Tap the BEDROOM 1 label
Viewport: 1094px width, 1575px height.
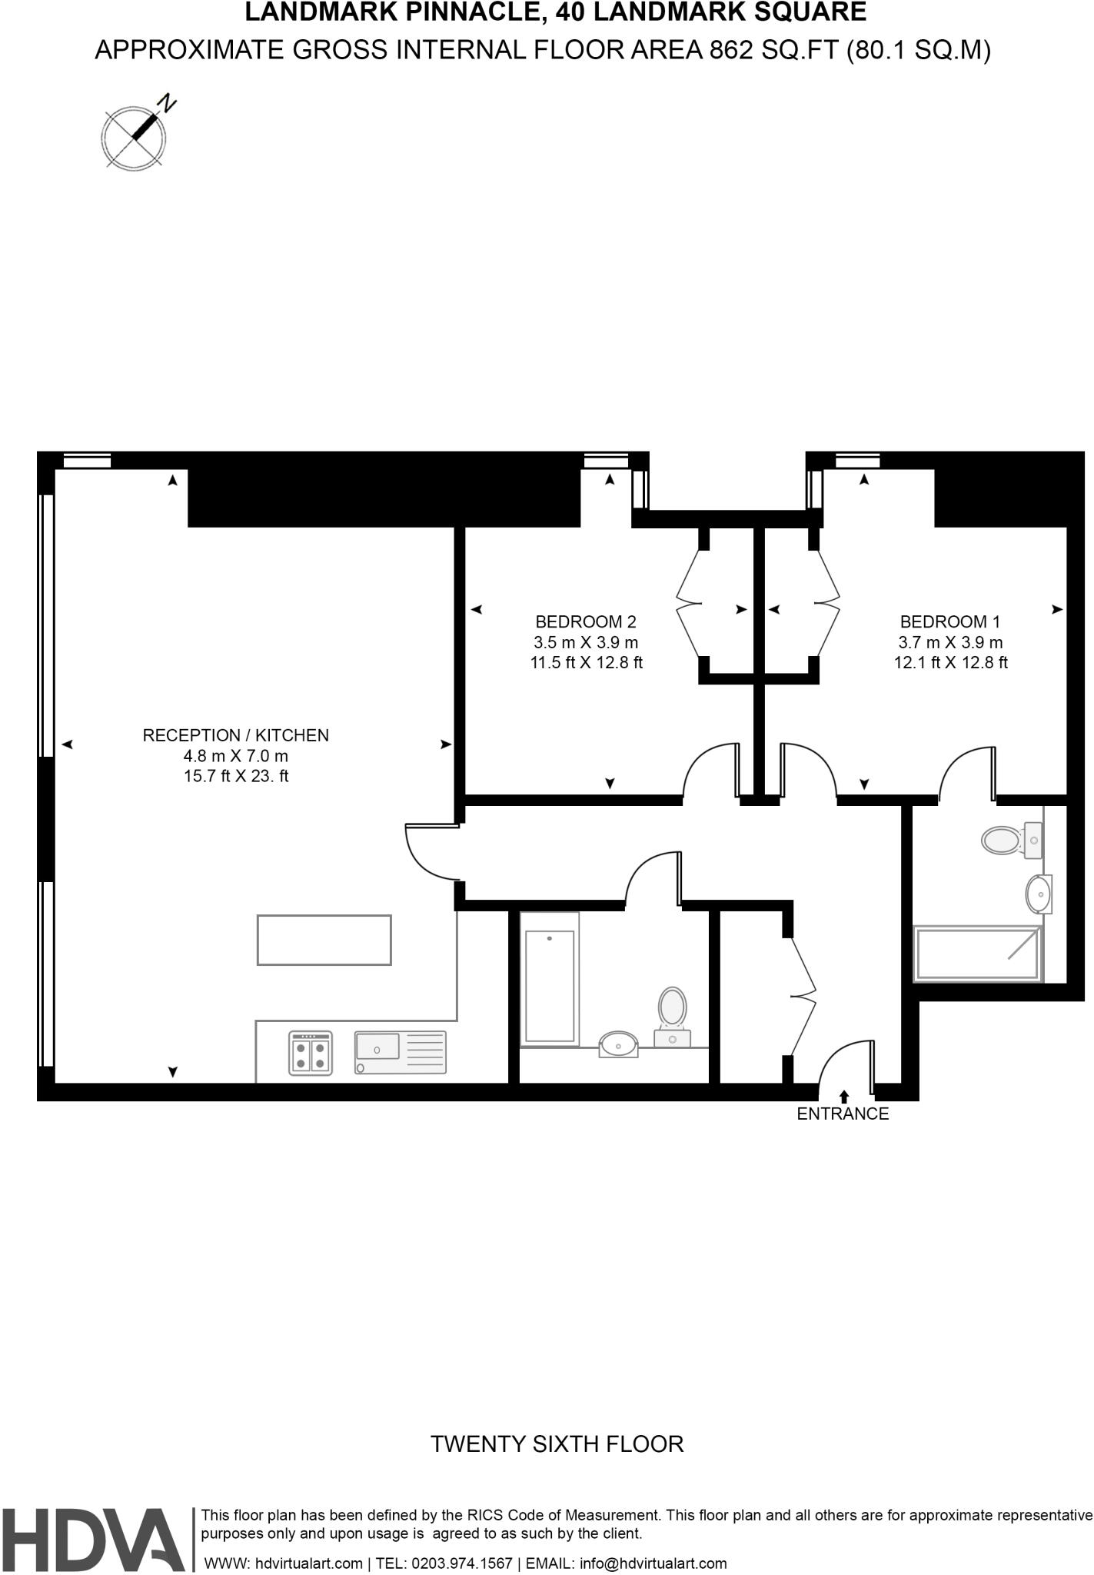click(x=950, y=621)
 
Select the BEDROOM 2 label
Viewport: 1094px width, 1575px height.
click(x=586, y=621)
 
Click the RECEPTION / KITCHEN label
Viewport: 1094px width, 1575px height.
click(x=235, y=735)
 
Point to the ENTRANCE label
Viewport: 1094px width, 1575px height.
click(x=843, y=1114)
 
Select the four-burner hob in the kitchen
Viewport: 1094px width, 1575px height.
click(x=311, y=1053)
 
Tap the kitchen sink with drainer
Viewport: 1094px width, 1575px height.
click(x=400, y=1052)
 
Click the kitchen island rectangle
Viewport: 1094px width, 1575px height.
click(x=324, y=940)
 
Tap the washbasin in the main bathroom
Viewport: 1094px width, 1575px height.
click(x=618, y=1044)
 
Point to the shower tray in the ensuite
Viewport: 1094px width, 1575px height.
click(x=977, y=954)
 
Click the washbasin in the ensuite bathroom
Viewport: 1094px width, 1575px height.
click(x=1038, y=894)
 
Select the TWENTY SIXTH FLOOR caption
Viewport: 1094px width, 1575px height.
click(x=557, y=1443)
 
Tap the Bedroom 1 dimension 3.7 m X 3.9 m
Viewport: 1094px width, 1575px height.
click(x=950, y=642)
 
